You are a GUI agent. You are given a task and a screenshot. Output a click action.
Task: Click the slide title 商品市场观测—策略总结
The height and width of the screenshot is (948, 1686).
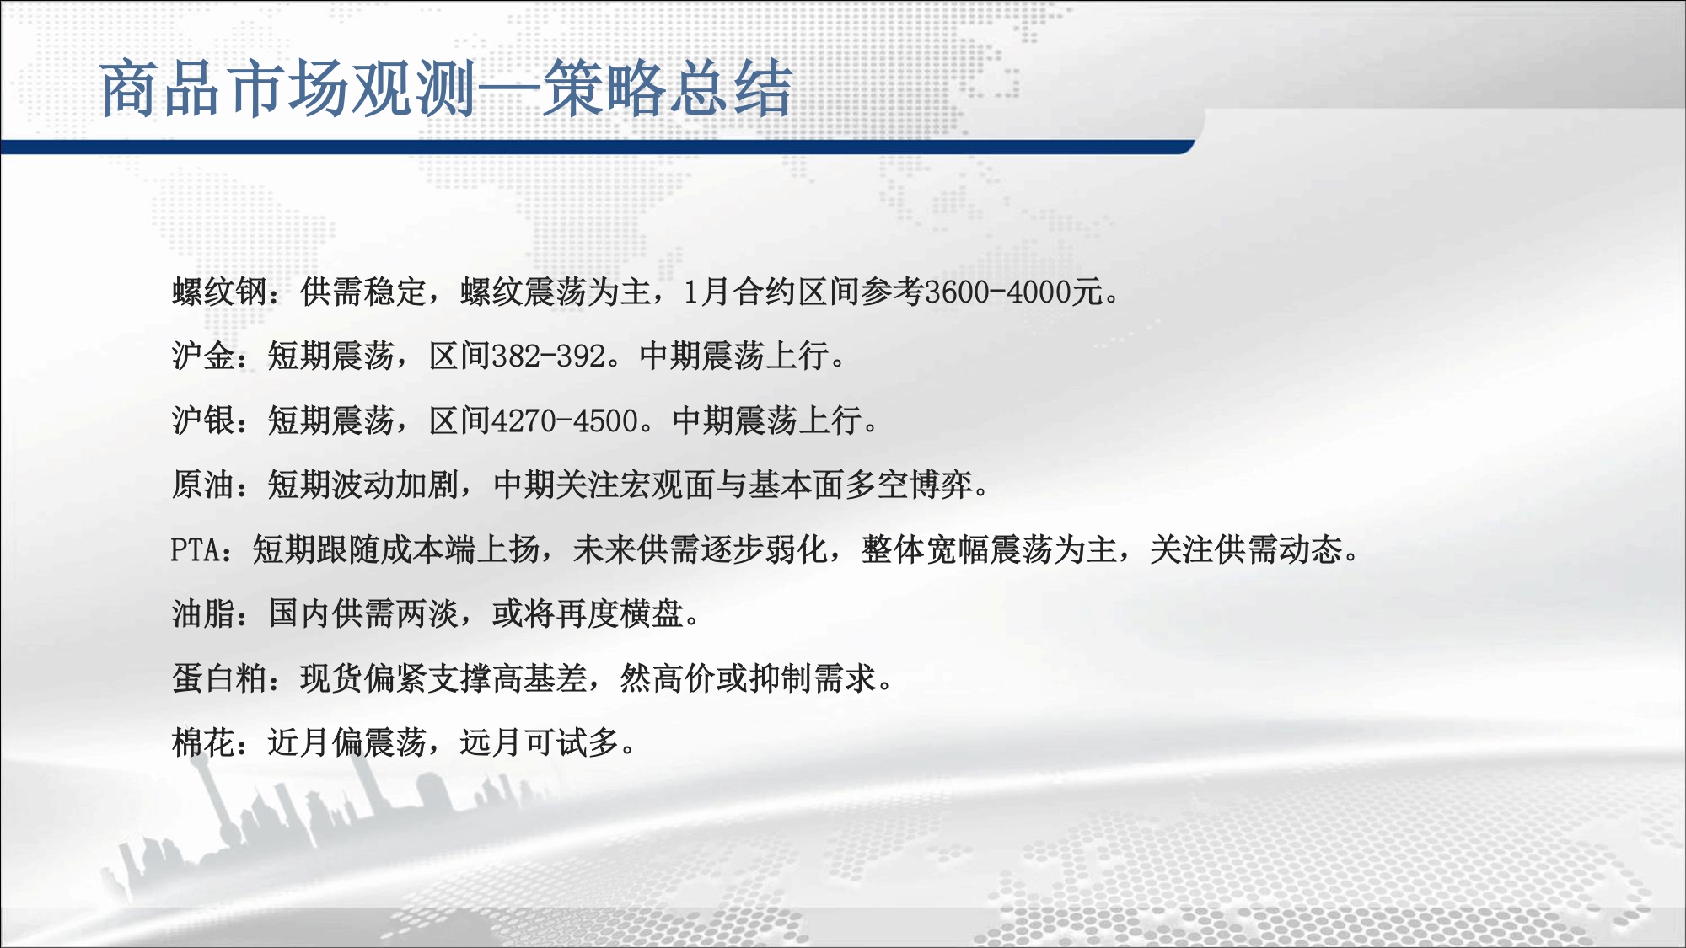pyautogui.click(x=447, y=88)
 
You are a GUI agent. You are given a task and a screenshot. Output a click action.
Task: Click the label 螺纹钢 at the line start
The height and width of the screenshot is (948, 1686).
pyautogui.click(x=220, y=292)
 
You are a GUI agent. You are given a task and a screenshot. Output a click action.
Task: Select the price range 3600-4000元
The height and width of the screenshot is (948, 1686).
pyautogui.click(x=1014, y=292)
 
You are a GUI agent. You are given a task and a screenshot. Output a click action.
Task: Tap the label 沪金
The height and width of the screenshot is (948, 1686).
pyautogui.click(x=204, y=356)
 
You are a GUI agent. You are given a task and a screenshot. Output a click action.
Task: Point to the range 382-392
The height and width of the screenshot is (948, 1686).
pyautogui.click(x=548, y=356)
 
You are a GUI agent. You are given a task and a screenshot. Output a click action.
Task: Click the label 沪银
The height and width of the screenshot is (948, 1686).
pyautogui.click(x=204, y=420)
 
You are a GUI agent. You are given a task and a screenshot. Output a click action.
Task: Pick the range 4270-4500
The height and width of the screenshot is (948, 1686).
pyautogui.click(x=565, y=420)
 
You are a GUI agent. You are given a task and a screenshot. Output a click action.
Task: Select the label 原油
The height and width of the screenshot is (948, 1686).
pyautogui.click(x=204, y=485)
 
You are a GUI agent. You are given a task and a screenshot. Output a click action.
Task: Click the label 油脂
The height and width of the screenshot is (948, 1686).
pyautogui.click(x=204, y=613)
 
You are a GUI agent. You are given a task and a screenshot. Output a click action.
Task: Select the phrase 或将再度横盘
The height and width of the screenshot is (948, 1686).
pyautogui.click(x=588, y=613)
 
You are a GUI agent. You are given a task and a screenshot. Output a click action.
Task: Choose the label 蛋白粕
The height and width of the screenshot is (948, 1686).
pyautogui.click(x=220, y=678)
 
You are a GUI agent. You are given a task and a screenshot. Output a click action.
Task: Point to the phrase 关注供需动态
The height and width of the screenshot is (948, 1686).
pyautogui.click(x=1246, y=549)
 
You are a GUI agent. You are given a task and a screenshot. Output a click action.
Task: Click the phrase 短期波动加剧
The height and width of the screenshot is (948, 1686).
pyautogui.click(x=364, y=485)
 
